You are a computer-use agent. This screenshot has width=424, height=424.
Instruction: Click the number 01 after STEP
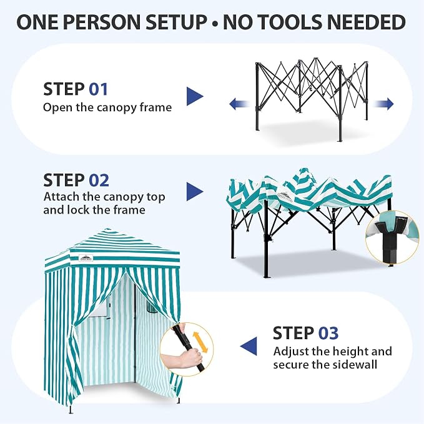99,89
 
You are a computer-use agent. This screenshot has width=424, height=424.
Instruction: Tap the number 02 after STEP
99,180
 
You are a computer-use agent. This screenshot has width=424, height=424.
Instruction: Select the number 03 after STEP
328,333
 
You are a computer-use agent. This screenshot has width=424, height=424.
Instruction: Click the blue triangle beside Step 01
195,96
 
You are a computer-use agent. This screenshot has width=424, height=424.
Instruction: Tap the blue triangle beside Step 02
195,192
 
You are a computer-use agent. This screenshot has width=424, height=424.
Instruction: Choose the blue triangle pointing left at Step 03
249,347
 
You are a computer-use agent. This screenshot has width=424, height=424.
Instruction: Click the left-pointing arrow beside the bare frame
239,104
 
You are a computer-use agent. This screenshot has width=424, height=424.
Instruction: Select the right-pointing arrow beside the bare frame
383,104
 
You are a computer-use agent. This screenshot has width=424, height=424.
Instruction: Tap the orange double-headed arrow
200,342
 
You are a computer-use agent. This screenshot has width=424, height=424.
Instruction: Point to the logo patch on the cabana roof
86,258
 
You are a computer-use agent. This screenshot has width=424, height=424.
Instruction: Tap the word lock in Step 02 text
79,210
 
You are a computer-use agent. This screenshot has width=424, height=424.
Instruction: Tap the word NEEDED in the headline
367,22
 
